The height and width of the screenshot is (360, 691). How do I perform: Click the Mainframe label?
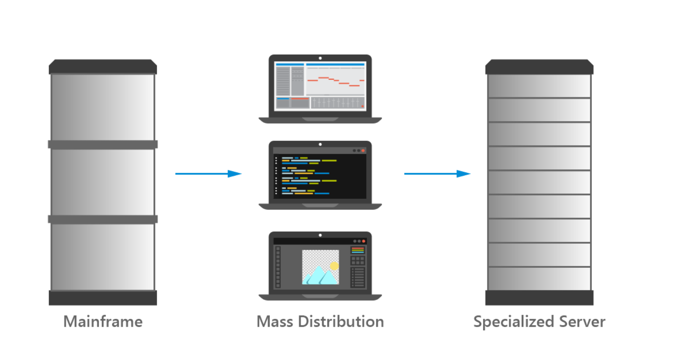pyautogui.click(x=103, y=322)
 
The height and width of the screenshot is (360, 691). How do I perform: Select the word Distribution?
pyautogui.click(x=341, y=322)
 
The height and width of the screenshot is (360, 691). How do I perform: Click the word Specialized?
pyautogui.click(x=513, y=322)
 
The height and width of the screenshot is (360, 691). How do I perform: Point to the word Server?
pyautogui.click(x=582, y=322)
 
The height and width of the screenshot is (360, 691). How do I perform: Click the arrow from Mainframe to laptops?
pyautogui.click(x=208, y=174)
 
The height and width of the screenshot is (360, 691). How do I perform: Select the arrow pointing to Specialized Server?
pyautogui.click(x=437, y=174)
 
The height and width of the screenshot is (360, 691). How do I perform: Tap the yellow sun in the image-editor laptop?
pyautogui.click(x=334, y=266)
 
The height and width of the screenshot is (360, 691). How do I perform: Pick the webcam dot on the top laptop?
pyautogui.click(x=320, y=58)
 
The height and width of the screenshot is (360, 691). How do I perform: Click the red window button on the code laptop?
pyautogui.click(x=363, y=151)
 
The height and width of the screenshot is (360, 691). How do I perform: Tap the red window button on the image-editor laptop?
pyautogui.click(x=363, y=241)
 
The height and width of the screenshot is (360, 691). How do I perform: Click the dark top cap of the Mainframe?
pyautogui.click(x=103, y=67)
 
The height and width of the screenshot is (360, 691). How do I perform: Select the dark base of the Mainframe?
pyautogui.click(x=103, y=298)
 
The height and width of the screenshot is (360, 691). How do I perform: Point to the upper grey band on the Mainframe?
pyautogui.click(x=103, y=144)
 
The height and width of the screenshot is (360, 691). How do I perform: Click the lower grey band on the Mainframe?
pyautogui.click(x=103, y=219)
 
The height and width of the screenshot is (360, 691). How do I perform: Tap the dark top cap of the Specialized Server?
pyautogui.click(x=539, y=67)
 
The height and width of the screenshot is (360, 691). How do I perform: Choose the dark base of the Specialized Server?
pyautogui.click(x=539, y=298)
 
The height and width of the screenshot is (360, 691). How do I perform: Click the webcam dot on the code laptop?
pyautogui.click(x=320, y=144)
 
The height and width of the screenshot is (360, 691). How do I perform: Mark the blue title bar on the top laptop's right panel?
pyautogui.click(x=335, y=64)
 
